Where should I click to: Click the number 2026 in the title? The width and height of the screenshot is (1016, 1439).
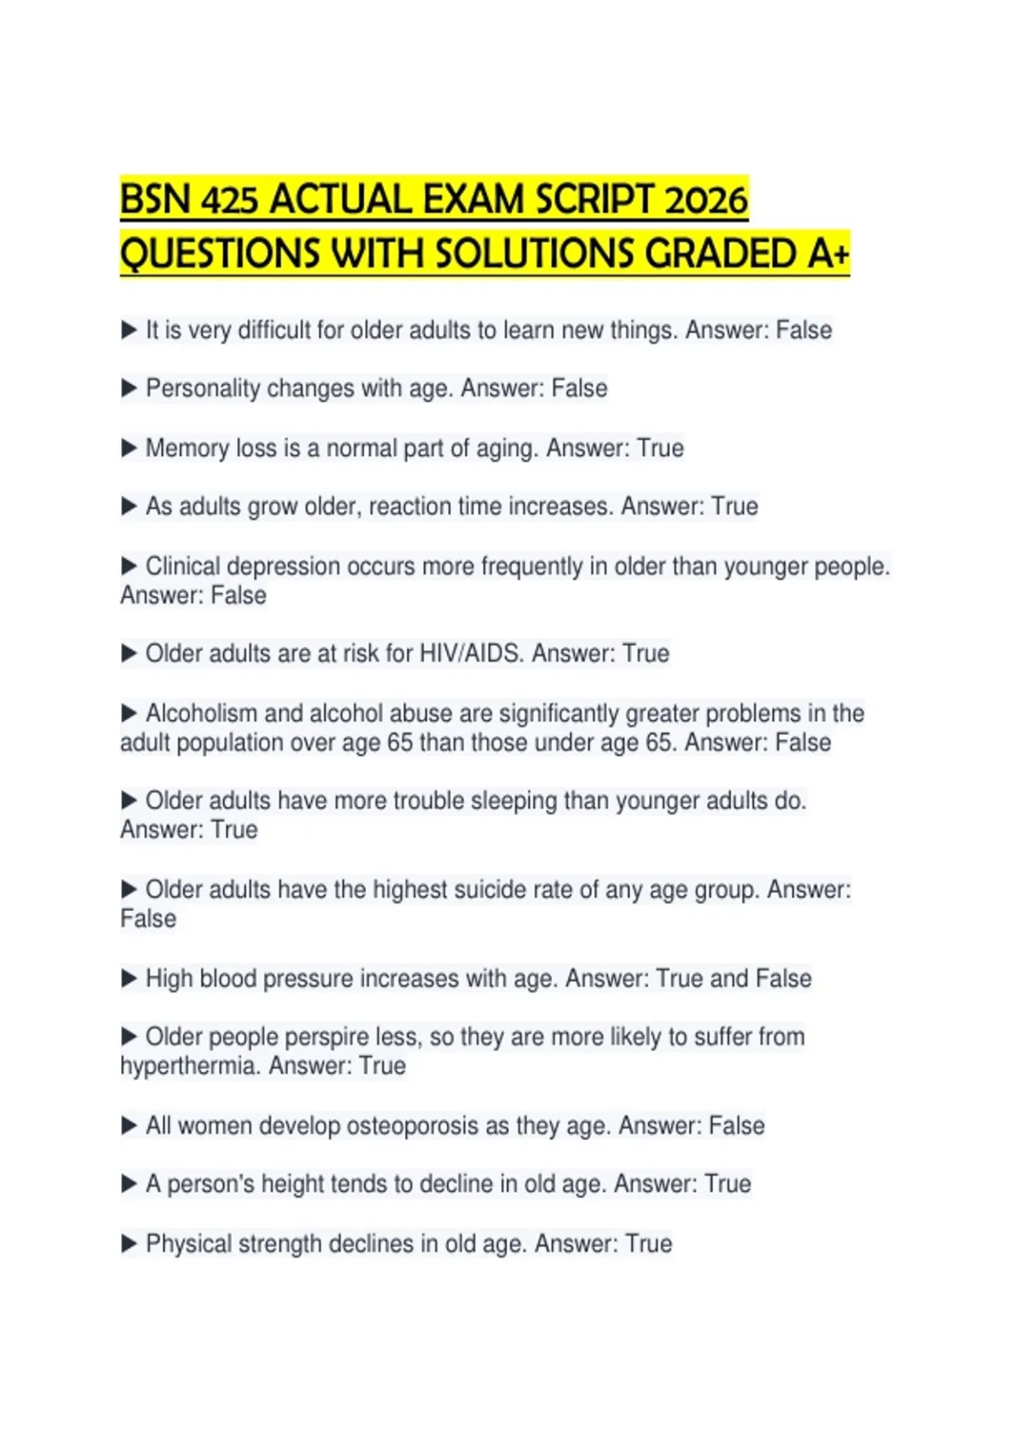[706, 201]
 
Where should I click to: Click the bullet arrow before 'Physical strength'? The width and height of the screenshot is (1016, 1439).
[129, 1243]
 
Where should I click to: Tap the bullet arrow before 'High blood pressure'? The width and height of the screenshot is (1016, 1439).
[129, 979]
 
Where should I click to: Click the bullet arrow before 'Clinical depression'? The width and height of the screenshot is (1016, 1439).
[129, 565]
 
